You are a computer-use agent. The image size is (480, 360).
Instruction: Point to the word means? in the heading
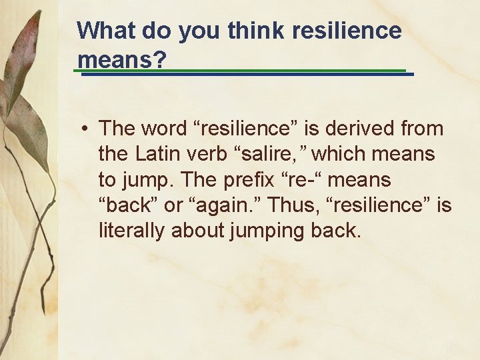(x=122, y=60)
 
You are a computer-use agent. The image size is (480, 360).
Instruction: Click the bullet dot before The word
(x=85, y=129)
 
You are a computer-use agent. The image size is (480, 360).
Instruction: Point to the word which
(x=339, y=154)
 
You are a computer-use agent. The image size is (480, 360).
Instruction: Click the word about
(x=196, y=231)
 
